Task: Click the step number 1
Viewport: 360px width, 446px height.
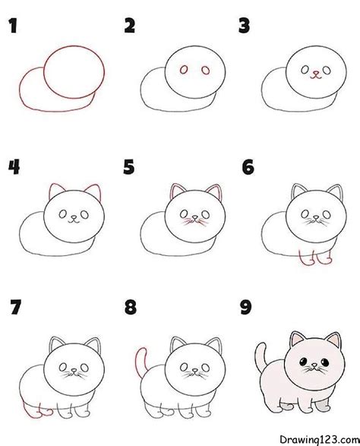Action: [x=12, y=28]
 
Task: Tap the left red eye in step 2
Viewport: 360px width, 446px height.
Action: [x=184, y=71]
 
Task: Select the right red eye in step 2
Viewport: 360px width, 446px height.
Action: [x=205, y=71]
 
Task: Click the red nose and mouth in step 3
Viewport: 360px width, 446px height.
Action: [x=314, y=74]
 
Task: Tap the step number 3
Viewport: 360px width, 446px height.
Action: [x=245, y=28]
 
